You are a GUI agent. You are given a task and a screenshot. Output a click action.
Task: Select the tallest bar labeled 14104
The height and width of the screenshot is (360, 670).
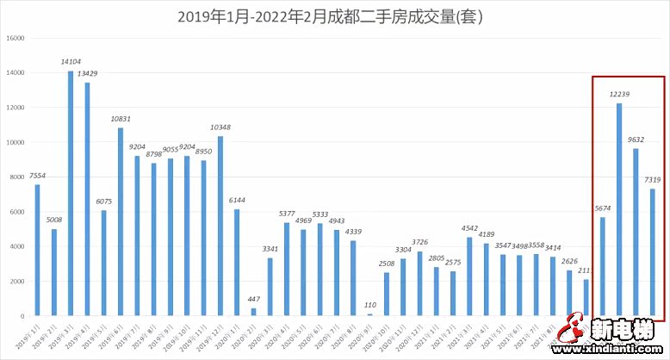click(71, 193)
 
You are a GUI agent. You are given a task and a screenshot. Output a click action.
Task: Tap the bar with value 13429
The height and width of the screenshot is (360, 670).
click(86, 199)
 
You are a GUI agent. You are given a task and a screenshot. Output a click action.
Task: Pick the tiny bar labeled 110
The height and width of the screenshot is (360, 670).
click(370, 314)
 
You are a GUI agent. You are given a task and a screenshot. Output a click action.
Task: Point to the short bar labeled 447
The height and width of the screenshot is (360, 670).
click(253, 312)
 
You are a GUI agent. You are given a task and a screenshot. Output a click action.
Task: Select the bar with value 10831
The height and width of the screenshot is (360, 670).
click(121, 221)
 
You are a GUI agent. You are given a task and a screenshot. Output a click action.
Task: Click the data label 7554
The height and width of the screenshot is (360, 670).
click(37, 176)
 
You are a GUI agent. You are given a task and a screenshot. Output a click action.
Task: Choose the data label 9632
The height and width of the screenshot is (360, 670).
click(636, 140)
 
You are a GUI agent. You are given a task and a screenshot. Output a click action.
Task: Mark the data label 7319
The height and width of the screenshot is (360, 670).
click(653, 180)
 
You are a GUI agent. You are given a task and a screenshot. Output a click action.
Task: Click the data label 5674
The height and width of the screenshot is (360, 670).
click(603, 208)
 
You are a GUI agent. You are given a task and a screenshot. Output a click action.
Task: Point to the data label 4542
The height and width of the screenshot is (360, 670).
click(470, 228)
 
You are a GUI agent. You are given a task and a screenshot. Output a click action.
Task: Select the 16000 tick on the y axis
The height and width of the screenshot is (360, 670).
click(16, 39)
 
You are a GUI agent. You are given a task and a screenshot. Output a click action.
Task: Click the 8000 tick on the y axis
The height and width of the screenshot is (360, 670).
click(18, 177)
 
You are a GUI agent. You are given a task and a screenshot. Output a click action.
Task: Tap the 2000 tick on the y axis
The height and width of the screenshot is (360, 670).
click(18, 282)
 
